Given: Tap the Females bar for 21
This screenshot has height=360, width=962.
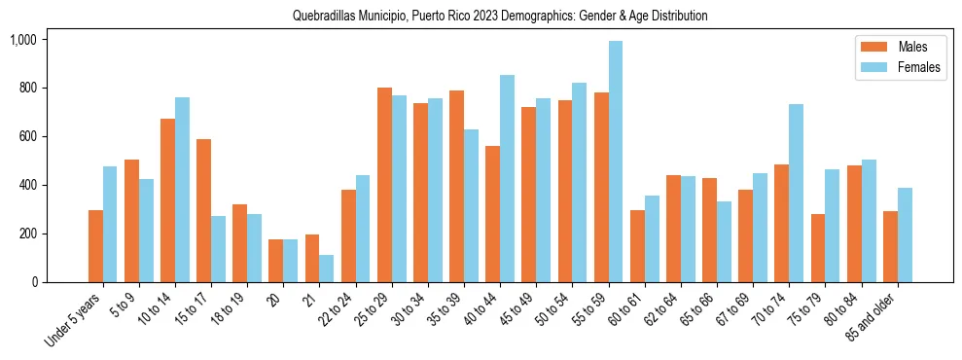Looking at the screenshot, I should [x=327, y=269].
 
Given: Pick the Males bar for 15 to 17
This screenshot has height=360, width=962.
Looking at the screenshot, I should [x=203, y=210].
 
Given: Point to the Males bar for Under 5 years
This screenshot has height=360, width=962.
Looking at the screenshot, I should [x=95, y=246].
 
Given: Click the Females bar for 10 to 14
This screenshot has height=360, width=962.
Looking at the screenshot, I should [x=182, y=190].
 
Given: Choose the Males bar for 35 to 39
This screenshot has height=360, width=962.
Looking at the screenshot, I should [x=456, y=186].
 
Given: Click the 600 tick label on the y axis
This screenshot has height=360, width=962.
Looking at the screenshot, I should [x=27, y=136].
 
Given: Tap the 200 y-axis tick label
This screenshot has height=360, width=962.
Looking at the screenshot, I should [x=27, y=234].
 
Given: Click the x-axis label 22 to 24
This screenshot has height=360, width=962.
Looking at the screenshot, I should [x=340, y=312].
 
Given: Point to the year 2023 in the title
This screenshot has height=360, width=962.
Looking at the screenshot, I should [x=499, y=17].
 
